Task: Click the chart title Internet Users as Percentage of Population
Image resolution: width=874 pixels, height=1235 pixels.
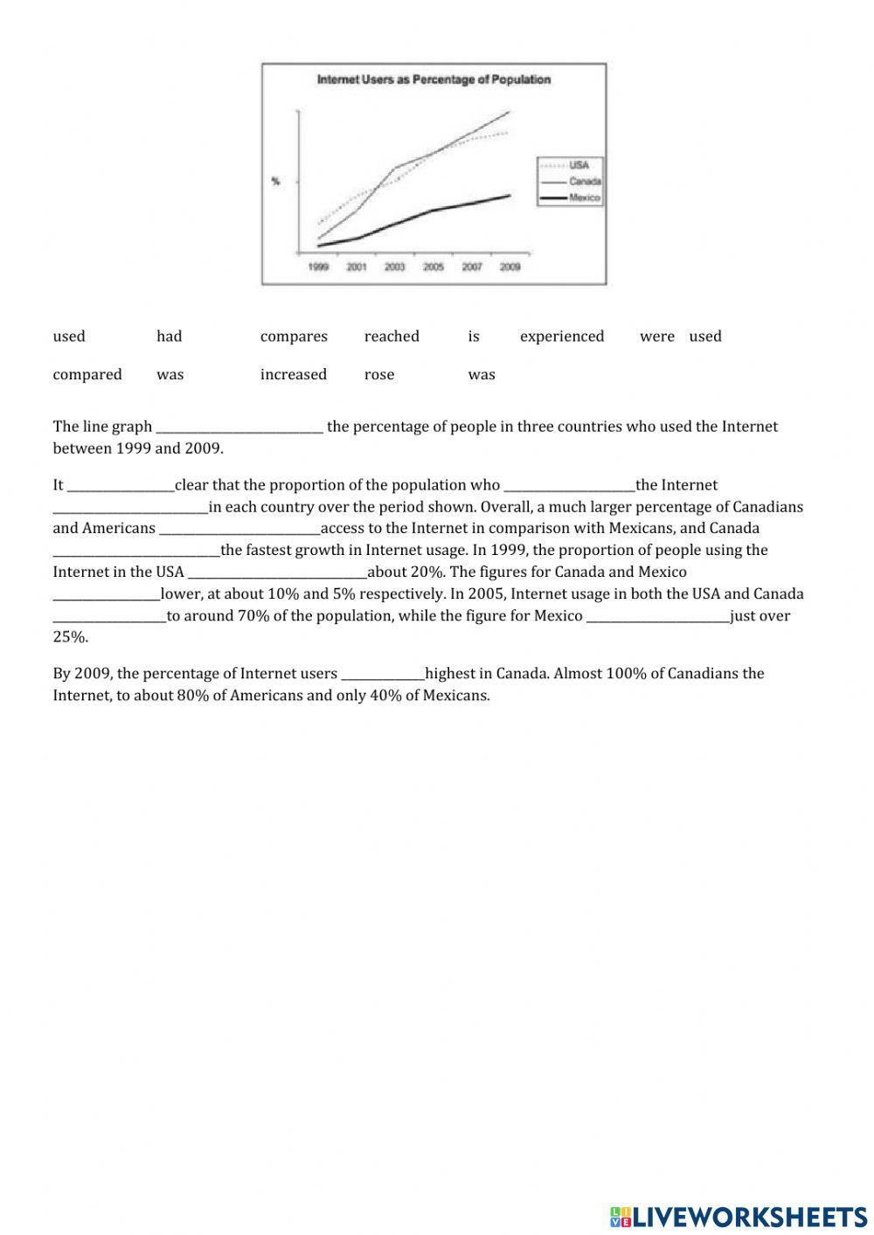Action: [434, 80]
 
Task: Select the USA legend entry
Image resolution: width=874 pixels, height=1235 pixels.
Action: [579, 164]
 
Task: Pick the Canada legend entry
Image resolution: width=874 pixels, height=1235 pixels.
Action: [584, 181]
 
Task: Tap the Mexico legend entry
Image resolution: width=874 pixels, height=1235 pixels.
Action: [584, 198]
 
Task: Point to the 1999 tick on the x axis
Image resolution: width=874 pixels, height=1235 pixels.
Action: [318, 267]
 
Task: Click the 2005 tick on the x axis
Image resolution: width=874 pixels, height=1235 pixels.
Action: [434, 267]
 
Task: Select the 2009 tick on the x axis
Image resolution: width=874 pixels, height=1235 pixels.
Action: [510, 267]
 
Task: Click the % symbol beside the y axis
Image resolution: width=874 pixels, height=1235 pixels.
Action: [276, 182]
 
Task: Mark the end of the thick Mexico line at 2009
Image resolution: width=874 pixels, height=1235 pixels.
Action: [510, 195]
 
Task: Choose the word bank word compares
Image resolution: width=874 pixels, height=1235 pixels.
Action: [294, 337]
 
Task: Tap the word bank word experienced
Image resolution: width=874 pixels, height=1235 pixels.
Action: [562, 337]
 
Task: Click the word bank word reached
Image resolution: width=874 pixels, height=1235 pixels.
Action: [392, 337]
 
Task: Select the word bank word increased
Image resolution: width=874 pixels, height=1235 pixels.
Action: [294, 375]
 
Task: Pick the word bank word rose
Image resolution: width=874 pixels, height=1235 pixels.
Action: [379, 375]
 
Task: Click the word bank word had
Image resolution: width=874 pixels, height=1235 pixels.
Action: [170, 337]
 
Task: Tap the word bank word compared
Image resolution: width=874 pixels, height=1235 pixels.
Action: [87, 375]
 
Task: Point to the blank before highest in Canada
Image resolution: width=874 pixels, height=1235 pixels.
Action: [383, 675]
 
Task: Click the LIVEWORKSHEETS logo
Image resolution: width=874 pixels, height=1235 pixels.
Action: [739, 1216]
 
